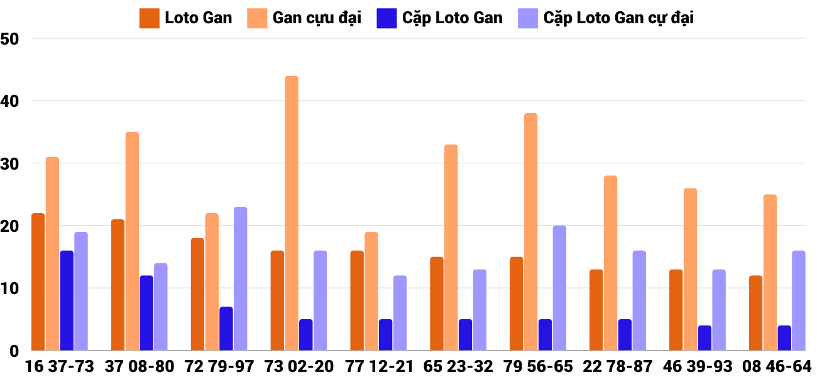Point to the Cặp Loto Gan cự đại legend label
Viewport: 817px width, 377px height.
[x=618, y=18]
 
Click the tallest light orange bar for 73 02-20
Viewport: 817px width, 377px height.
[x=292, y=214]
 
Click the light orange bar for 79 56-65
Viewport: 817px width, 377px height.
[x=531, y=232]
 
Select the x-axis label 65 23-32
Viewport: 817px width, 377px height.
[x=458, y=366]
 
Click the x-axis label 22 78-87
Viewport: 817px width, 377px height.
[x=617, y=366]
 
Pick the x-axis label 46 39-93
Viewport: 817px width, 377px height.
[x=697, y=366]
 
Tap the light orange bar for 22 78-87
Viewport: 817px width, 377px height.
[x=611, y=263]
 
